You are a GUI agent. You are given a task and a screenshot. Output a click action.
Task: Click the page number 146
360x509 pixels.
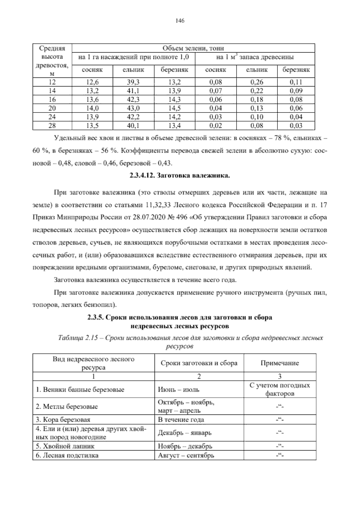pos(180,21)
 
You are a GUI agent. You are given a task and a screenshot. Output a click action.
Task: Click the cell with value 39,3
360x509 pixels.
pos(133,82)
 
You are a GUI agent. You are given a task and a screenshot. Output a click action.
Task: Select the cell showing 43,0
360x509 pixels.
pos(133,108)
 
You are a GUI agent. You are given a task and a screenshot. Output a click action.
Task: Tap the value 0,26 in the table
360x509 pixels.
pos(257,82)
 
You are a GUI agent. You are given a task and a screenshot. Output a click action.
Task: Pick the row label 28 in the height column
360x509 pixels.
pos(52,126)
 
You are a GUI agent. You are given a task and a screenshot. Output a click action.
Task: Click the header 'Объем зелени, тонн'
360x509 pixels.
pos(193,48)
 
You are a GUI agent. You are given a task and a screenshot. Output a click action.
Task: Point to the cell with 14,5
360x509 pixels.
pos(174,108)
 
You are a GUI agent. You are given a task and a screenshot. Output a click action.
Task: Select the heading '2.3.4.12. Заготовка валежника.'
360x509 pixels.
pos(180,176)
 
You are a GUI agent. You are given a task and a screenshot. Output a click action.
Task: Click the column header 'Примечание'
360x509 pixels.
pos(280,363)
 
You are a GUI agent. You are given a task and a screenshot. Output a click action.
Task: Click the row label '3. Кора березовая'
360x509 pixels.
pos(63,420)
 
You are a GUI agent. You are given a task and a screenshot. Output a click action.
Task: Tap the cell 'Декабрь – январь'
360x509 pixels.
pos(184,433)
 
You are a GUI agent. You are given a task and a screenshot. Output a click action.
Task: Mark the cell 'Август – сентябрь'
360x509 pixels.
pos(186,455)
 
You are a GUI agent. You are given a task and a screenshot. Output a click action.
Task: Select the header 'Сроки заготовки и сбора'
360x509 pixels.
pos(199,363)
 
